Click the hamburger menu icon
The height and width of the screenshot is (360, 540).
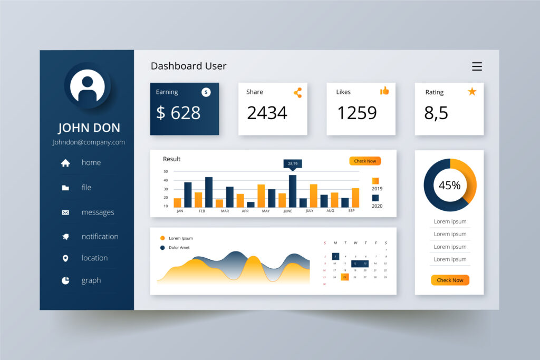477,66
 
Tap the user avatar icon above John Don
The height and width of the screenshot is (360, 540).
87,86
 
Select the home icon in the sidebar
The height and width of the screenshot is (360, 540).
65,163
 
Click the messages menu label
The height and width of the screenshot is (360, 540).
98,212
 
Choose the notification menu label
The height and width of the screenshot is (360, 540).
100,237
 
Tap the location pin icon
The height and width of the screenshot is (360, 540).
65,258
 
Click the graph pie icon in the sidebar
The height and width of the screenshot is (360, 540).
65,280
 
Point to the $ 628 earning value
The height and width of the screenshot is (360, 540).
178,113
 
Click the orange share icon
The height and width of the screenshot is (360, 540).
298,93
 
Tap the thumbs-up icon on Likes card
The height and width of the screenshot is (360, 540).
384,91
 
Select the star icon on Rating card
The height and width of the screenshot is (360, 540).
472,92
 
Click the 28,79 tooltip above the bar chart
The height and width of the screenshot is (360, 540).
293,163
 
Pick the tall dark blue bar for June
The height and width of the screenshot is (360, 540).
293,191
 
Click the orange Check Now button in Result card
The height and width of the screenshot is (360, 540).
365,161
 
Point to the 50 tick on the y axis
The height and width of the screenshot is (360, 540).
166,171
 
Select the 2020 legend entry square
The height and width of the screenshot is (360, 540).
375,198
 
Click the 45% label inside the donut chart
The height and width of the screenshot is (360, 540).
449,185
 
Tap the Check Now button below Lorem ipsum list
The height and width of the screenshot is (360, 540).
450,280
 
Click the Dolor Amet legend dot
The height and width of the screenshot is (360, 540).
162,247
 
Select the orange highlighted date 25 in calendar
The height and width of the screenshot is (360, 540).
345,277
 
